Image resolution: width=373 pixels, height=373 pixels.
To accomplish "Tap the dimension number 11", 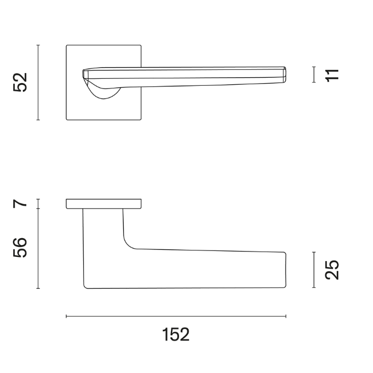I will click(x=333, y=75).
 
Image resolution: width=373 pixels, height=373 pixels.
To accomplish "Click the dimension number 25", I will click(x=331, y=270).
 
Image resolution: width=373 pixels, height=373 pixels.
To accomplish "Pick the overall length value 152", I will click(x=176, y=335).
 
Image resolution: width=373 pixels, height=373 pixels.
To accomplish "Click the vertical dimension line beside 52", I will click(x=38, y=83).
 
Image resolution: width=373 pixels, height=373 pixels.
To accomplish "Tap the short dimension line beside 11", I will click(x=314, y=75).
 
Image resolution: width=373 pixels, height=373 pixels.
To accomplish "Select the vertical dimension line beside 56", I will click(x=38, y=248).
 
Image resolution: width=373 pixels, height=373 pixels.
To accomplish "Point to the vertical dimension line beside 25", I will click(x=314, y=270).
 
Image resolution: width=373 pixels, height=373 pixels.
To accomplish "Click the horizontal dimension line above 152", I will click(x=176, y=317).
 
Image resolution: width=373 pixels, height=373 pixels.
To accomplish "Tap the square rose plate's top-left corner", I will click(x=67, y=46).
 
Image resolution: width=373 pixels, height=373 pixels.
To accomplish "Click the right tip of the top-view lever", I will click(x=285, y=75).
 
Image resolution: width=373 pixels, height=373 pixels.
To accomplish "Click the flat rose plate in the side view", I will click(x=104, y=204).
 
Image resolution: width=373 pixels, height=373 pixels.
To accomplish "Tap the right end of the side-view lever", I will click(x=285, y=269).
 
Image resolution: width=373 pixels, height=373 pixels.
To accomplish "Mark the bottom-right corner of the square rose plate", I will click(x=142, y=119).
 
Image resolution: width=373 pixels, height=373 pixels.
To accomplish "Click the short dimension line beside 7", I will click(x=38, y=203).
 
